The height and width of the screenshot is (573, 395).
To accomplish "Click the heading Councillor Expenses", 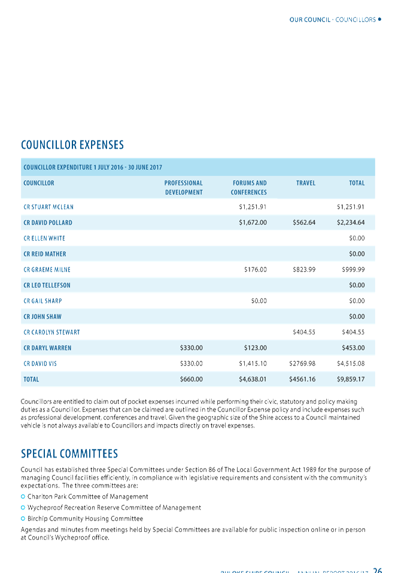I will (72, 145).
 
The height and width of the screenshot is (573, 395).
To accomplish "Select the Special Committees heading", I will (69, 453).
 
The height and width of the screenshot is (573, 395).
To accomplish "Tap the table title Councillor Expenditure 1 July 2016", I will (93, 167).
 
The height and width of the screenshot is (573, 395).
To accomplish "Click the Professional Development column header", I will (183, 188).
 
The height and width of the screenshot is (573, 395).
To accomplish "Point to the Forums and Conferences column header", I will (249, 188).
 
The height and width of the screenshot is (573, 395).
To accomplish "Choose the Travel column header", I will (305, 183).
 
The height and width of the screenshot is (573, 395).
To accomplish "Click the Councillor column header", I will (39, 183).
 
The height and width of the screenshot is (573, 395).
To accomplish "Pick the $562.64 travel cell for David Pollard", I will (303, 223).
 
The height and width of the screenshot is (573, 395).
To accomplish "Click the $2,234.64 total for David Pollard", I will (351, 223).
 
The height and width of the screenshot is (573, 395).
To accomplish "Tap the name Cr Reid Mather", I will (45, 254).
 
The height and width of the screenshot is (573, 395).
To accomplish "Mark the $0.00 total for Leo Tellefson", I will (357, 285).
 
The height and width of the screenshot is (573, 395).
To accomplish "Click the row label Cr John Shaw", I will (42, 316).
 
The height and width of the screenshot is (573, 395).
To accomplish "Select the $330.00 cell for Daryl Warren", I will (192, 347).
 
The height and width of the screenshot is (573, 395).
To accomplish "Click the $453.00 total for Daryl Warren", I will (353, 347).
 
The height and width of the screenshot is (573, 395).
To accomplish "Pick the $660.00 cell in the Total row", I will (192, 379).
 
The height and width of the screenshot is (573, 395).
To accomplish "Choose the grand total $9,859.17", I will (351, 379).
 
